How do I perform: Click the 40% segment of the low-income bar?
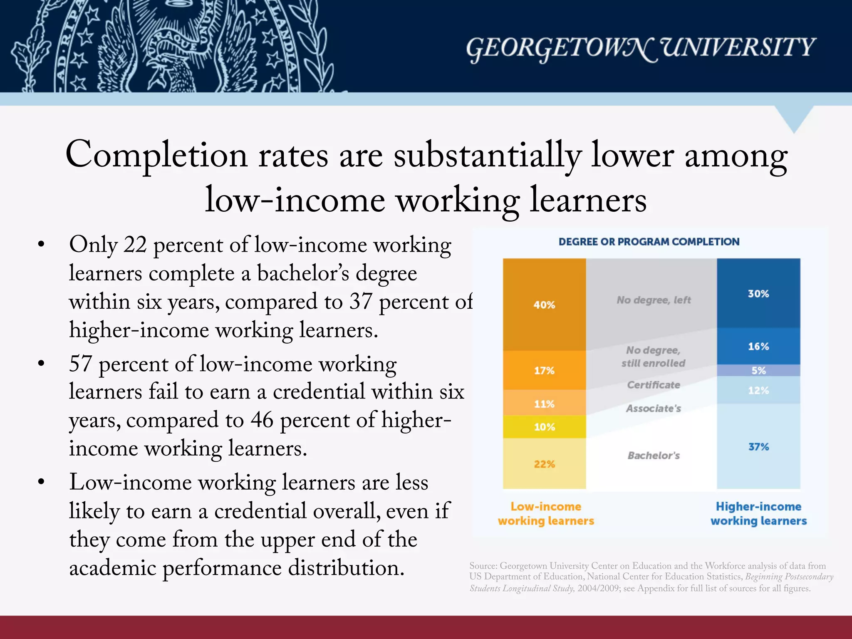[544, 305]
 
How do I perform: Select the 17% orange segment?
[544, 370]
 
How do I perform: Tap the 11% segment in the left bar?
[544, 403]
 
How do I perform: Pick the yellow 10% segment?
[544, 427]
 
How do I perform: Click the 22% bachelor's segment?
[544, 464]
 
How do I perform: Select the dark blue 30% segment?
[758, 293]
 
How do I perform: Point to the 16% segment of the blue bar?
[758, 346]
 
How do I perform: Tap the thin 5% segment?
[758, 370]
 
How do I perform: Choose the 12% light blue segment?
[758, 390]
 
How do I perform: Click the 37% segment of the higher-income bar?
[758, 446]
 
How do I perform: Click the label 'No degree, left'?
[654, 300]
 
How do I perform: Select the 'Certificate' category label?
[654, 385]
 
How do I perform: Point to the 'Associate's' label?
[654, 409]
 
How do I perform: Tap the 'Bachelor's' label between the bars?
[654, 456]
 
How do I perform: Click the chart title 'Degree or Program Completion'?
[649, 242]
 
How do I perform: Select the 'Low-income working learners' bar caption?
[546, 514]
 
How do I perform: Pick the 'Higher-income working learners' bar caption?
[758, 514]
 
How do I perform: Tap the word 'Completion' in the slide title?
[156, 155]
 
